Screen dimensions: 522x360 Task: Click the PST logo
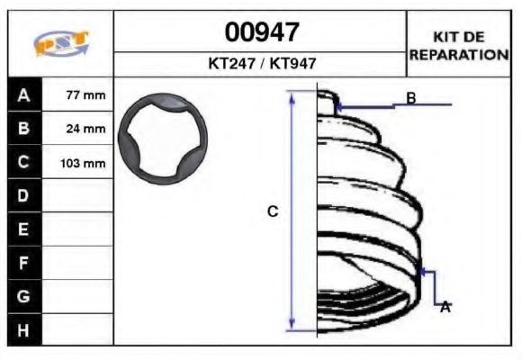pos(61,42)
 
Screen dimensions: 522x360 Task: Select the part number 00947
pos(262,32)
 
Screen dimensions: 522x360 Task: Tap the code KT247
pos(231,63)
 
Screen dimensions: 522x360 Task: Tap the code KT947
pos(292,63)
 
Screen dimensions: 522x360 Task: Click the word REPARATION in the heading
pos(459,55)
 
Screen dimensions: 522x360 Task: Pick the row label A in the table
pos(23,95)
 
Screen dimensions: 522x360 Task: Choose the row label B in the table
pos(23,128)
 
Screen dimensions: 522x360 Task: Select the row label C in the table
pos(23,162)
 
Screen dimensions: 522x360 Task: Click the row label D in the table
pos(23,195)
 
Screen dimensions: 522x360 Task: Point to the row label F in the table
pos(23,263)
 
